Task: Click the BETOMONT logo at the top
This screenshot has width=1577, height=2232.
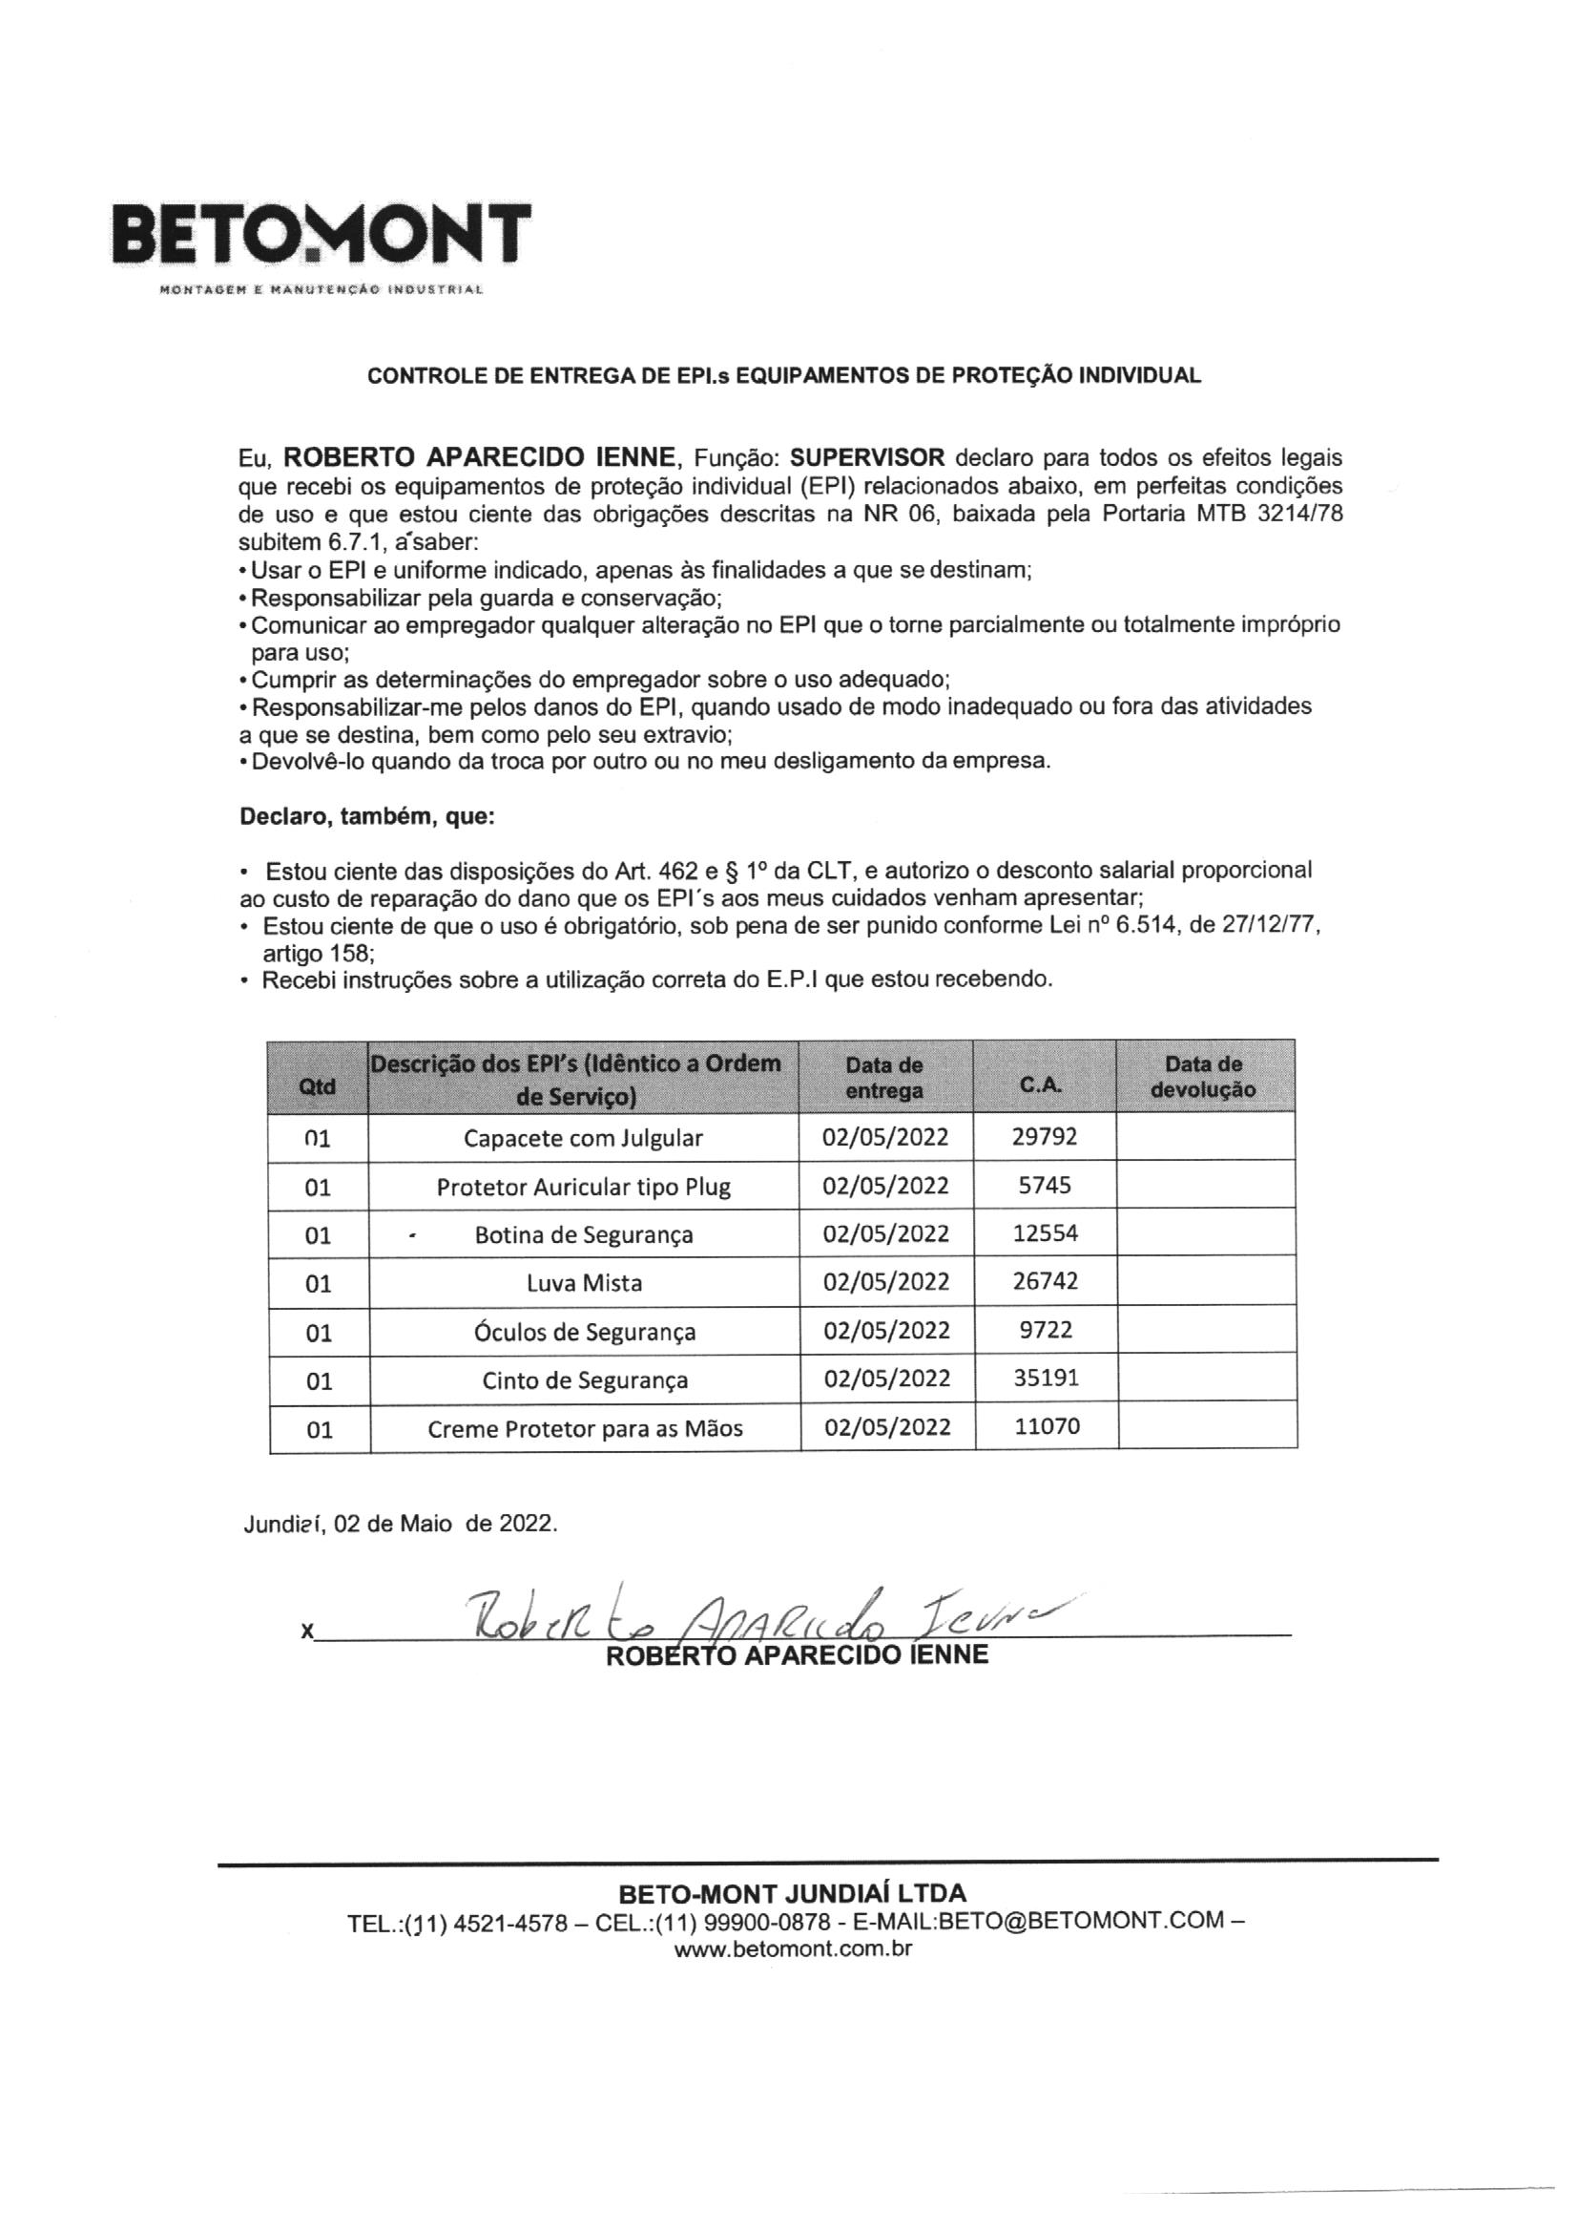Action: coord(322,237)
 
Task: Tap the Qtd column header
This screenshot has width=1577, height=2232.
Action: coord(318,1077)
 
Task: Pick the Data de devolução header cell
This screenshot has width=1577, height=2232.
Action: coord(1205,1076)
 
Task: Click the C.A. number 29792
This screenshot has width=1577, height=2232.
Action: coord(1044,1136)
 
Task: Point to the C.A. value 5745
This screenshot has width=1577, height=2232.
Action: coord(1044,1185)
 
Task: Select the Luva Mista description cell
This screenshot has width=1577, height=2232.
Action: coord(584,1283)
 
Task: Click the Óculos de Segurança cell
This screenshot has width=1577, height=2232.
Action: coord(584,1332)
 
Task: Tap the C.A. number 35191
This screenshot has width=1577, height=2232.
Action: coord(1046,1379)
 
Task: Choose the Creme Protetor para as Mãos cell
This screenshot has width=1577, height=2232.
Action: coord(584,1428)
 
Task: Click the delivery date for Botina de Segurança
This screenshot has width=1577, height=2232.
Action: coord(885,1233)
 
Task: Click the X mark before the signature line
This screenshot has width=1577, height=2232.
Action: coord(307,1633)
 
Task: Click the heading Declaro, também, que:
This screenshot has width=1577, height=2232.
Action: coord(367,817)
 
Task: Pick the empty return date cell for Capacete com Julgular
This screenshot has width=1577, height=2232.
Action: coord(1205,1136)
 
